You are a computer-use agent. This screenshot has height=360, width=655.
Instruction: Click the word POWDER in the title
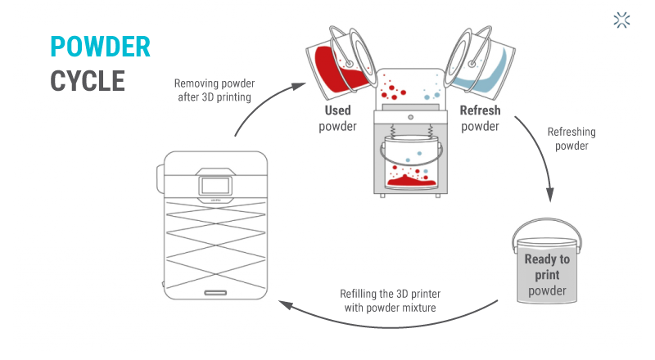point(100,47)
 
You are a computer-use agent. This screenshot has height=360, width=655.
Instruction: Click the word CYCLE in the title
point(88,80)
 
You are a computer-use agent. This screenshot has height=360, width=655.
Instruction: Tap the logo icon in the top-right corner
point(622,20)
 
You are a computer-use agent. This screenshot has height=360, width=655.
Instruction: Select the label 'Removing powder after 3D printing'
point(214,89)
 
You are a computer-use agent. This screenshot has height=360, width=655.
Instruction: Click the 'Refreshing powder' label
point(571,138)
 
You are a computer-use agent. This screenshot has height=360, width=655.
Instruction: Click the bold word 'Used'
point(337,110)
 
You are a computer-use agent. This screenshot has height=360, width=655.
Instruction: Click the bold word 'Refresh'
point(480,110)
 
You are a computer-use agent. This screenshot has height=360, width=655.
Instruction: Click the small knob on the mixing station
point(410,117)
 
